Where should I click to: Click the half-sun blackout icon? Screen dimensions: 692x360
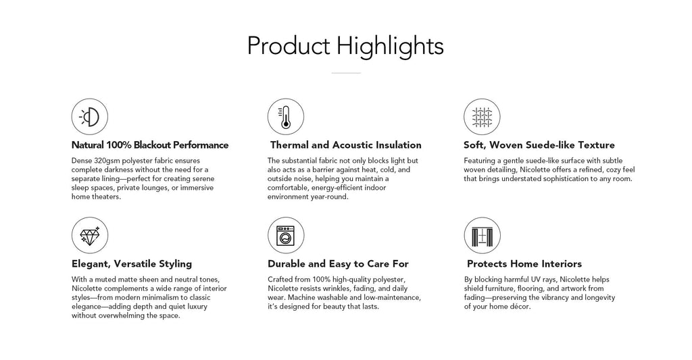pyautogui.click(x=90, y=116)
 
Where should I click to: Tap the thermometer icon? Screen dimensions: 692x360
pyautogui.click(x=286, y=116)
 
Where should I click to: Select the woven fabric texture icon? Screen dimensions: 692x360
pyautogui.click(x=482, y=116)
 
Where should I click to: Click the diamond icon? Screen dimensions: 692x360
pyautogui.click(x=90, y=235)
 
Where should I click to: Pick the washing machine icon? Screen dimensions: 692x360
pyautogui.click(x=286, y=235)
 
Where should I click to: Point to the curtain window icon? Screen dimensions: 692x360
pyautogui.click(x=482, y=235)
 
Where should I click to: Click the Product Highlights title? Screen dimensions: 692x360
pyautogui.click(x=345, y=47)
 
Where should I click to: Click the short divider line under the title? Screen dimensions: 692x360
pyautogui.click(x=346, y=73)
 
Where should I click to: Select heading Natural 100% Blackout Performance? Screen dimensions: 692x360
pyautogui.click(x=150, y=145)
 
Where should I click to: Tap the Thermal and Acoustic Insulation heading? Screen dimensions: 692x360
pyautogui.click(x=345, y=145)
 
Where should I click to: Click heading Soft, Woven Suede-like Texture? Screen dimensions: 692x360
pyautogui.click(x=539, y=145)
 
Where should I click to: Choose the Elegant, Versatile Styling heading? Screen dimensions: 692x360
pyautogui.click(x=132, y=264)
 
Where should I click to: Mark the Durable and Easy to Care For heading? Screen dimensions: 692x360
pyautogui.click(x=338, y=264)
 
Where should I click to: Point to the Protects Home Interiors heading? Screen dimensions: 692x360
pyautogui.click(x=524, y=264)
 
